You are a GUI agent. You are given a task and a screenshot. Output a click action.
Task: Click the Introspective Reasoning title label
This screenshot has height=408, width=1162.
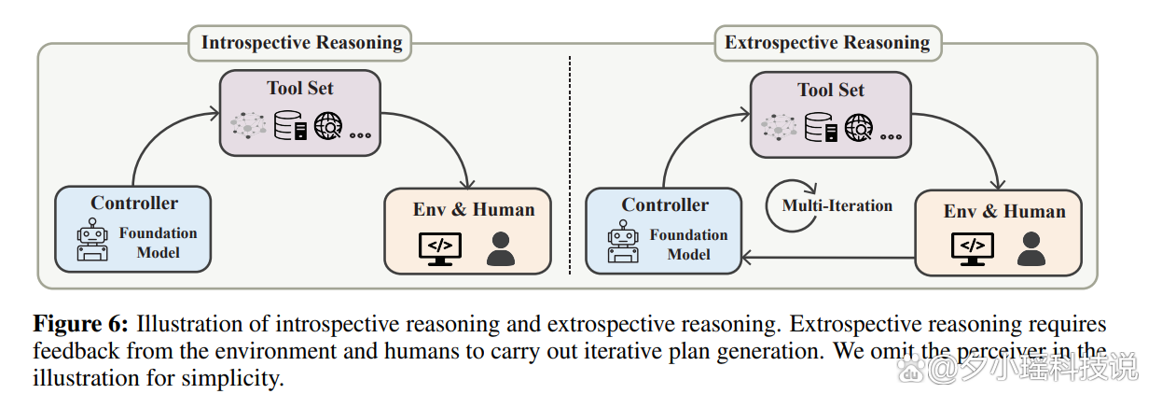(301, 43)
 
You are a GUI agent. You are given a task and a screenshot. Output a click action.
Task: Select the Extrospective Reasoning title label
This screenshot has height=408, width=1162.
(827, 43)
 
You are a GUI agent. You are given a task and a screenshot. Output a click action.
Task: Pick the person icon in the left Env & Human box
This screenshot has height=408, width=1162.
(501, 247)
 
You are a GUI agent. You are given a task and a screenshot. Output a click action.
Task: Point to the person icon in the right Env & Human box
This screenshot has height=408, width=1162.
(1031, 247)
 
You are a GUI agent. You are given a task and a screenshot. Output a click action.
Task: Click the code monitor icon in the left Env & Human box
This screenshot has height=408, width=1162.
(438, 247)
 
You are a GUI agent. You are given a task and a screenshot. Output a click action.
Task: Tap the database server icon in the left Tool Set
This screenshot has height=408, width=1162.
(290, 126)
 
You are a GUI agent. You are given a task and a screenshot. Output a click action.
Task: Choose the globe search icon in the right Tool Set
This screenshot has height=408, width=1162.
(860, 126)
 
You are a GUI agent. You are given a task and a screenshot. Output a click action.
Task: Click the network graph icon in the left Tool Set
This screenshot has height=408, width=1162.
(249, 126)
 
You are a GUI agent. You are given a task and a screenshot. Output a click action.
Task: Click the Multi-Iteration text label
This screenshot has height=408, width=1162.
(837, 206)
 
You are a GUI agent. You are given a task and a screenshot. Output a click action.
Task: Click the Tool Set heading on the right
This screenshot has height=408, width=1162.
(831, 91)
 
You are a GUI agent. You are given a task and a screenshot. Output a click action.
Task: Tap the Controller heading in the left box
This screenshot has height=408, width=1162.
(134, 204)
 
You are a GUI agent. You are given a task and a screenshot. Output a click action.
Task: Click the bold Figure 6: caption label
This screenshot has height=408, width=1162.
(81, 325)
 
